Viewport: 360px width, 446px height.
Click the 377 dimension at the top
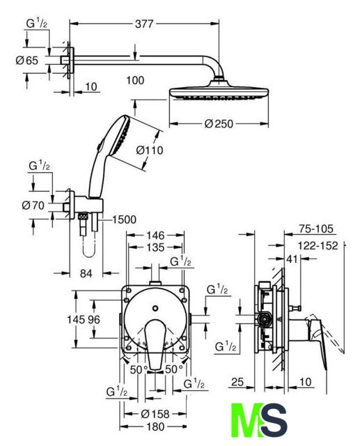pyautogui.click(x=144, y=24)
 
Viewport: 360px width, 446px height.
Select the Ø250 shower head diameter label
pyautogui.click(x=219, y=124)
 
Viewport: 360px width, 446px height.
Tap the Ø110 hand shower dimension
pyautogui.click(x=150, y=150)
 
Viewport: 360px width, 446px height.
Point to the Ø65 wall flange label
pyautogui.click(x=26, y=61)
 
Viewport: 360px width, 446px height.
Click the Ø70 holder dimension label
pyautogui.click(x=33, y=205)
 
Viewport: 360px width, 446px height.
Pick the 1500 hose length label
pyautogui.click(x=124, y=220)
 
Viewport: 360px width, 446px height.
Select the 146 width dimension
pyautogui.click(x=155, y=236)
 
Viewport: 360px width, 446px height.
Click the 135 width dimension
pyautogui.click(x=156, y=247)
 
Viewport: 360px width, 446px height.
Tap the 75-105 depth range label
pyautogui.click(x=315, y=229)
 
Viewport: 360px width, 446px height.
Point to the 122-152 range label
pyautogui.click(x=318, y=245)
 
